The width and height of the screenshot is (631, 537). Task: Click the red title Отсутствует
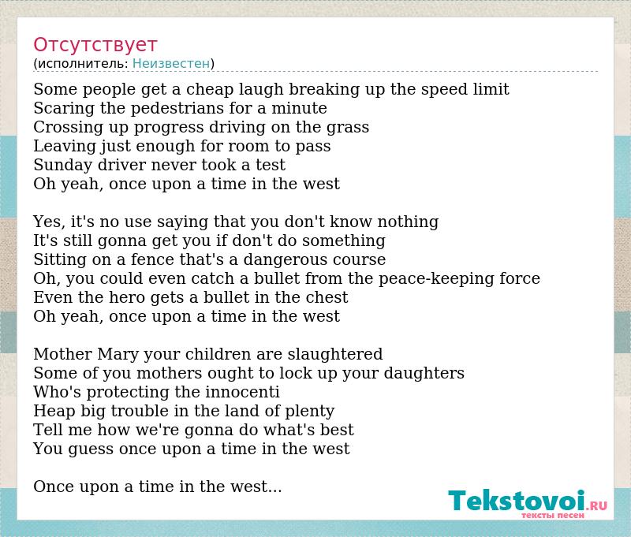[95, 45]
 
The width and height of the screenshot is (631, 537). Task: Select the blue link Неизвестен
[171, 64]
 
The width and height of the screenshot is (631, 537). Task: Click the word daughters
[424, 373]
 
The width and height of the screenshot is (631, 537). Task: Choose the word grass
[348, 128]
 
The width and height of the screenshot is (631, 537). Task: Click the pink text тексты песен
[552, 515]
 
